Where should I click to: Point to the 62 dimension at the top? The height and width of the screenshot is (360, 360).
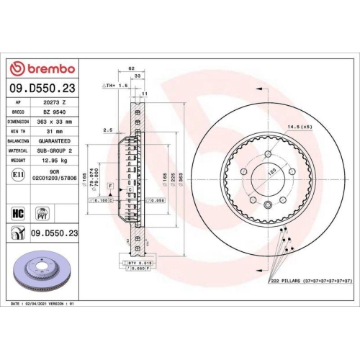click(131, 69)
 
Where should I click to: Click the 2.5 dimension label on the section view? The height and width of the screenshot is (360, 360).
click(107, 130)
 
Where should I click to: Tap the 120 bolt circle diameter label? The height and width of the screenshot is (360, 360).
click(271, 175)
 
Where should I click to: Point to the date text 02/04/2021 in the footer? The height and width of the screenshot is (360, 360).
click(41, 305)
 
